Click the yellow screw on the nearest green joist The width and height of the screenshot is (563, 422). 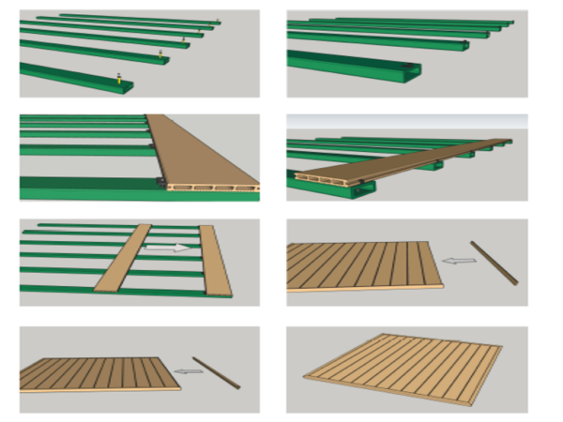point(119,79)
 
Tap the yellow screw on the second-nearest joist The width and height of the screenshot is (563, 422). point(160,55)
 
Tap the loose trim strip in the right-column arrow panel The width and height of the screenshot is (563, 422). point(495,262)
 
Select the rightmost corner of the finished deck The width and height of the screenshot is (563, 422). point(503,348)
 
